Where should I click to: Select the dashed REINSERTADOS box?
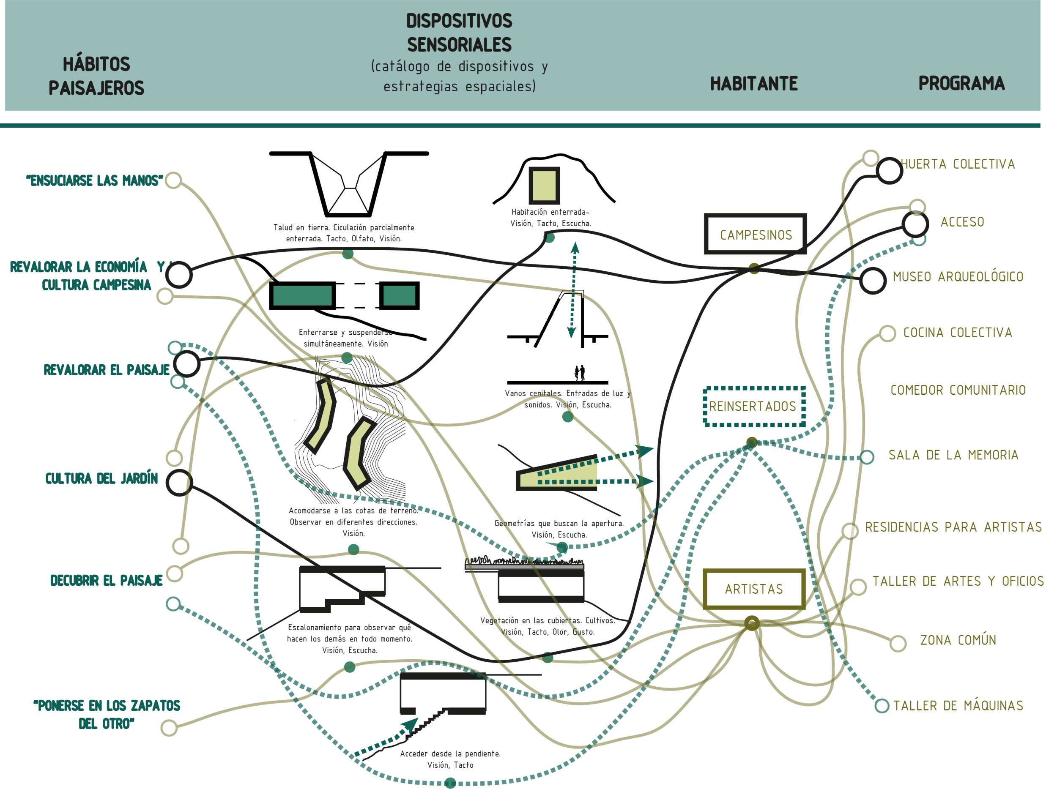pos(753,407)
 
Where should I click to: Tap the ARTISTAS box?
pos(753,589)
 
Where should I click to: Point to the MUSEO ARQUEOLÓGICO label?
pos(958,276)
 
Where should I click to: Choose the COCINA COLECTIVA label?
pos(957,333)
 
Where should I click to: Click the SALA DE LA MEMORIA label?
pos(953,455)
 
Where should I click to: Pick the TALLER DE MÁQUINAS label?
pos(958,706)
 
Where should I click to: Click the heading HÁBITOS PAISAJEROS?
pos(96,76)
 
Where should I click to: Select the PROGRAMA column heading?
pos(961,84)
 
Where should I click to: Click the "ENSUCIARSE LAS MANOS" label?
pos(95,180)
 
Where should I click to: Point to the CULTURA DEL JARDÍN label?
pos(101,478)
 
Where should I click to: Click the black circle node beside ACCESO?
pos(915,224)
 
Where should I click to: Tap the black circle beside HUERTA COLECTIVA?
pos(889,170)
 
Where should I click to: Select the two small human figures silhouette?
pos(579,373)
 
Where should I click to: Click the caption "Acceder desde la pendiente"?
pos(450,754)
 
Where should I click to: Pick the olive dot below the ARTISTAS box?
pos(752,623)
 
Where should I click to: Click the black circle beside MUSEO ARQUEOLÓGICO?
pos(873,280)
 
